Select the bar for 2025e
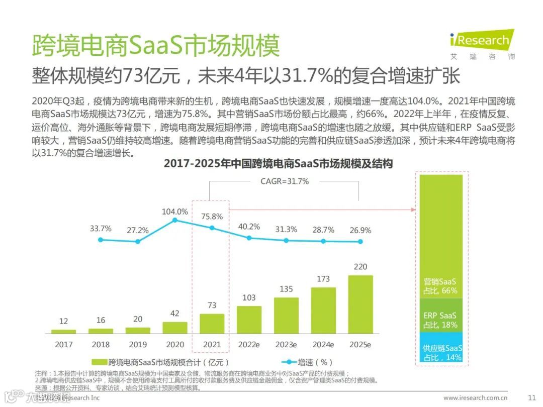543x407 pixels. tap(360, 304)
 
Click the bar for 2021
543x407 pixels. tap(212, 324)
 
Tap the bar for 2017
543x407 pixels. tap(63, 331)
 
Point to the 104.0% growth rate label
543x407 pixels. tap(174, 212)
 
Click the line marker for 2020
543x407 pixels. tap(174, 220)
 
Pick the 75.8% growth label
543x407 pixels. tap(212, 217)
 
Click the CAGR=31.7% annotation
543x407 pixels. tap(285, 181)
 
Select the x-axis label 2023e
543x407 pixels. tap(286, 345)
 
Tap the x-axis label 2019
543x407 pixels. tap(138, 345)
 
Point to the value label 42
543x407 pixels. tap(174, 313)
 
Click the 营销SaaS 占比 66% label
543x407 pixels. tap(440, 286)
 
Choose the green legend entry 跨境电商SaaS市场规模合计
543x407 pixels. tap(161, 362)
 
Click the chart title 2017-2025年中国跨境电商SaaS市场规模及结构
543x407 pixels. tap(278, 164)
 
